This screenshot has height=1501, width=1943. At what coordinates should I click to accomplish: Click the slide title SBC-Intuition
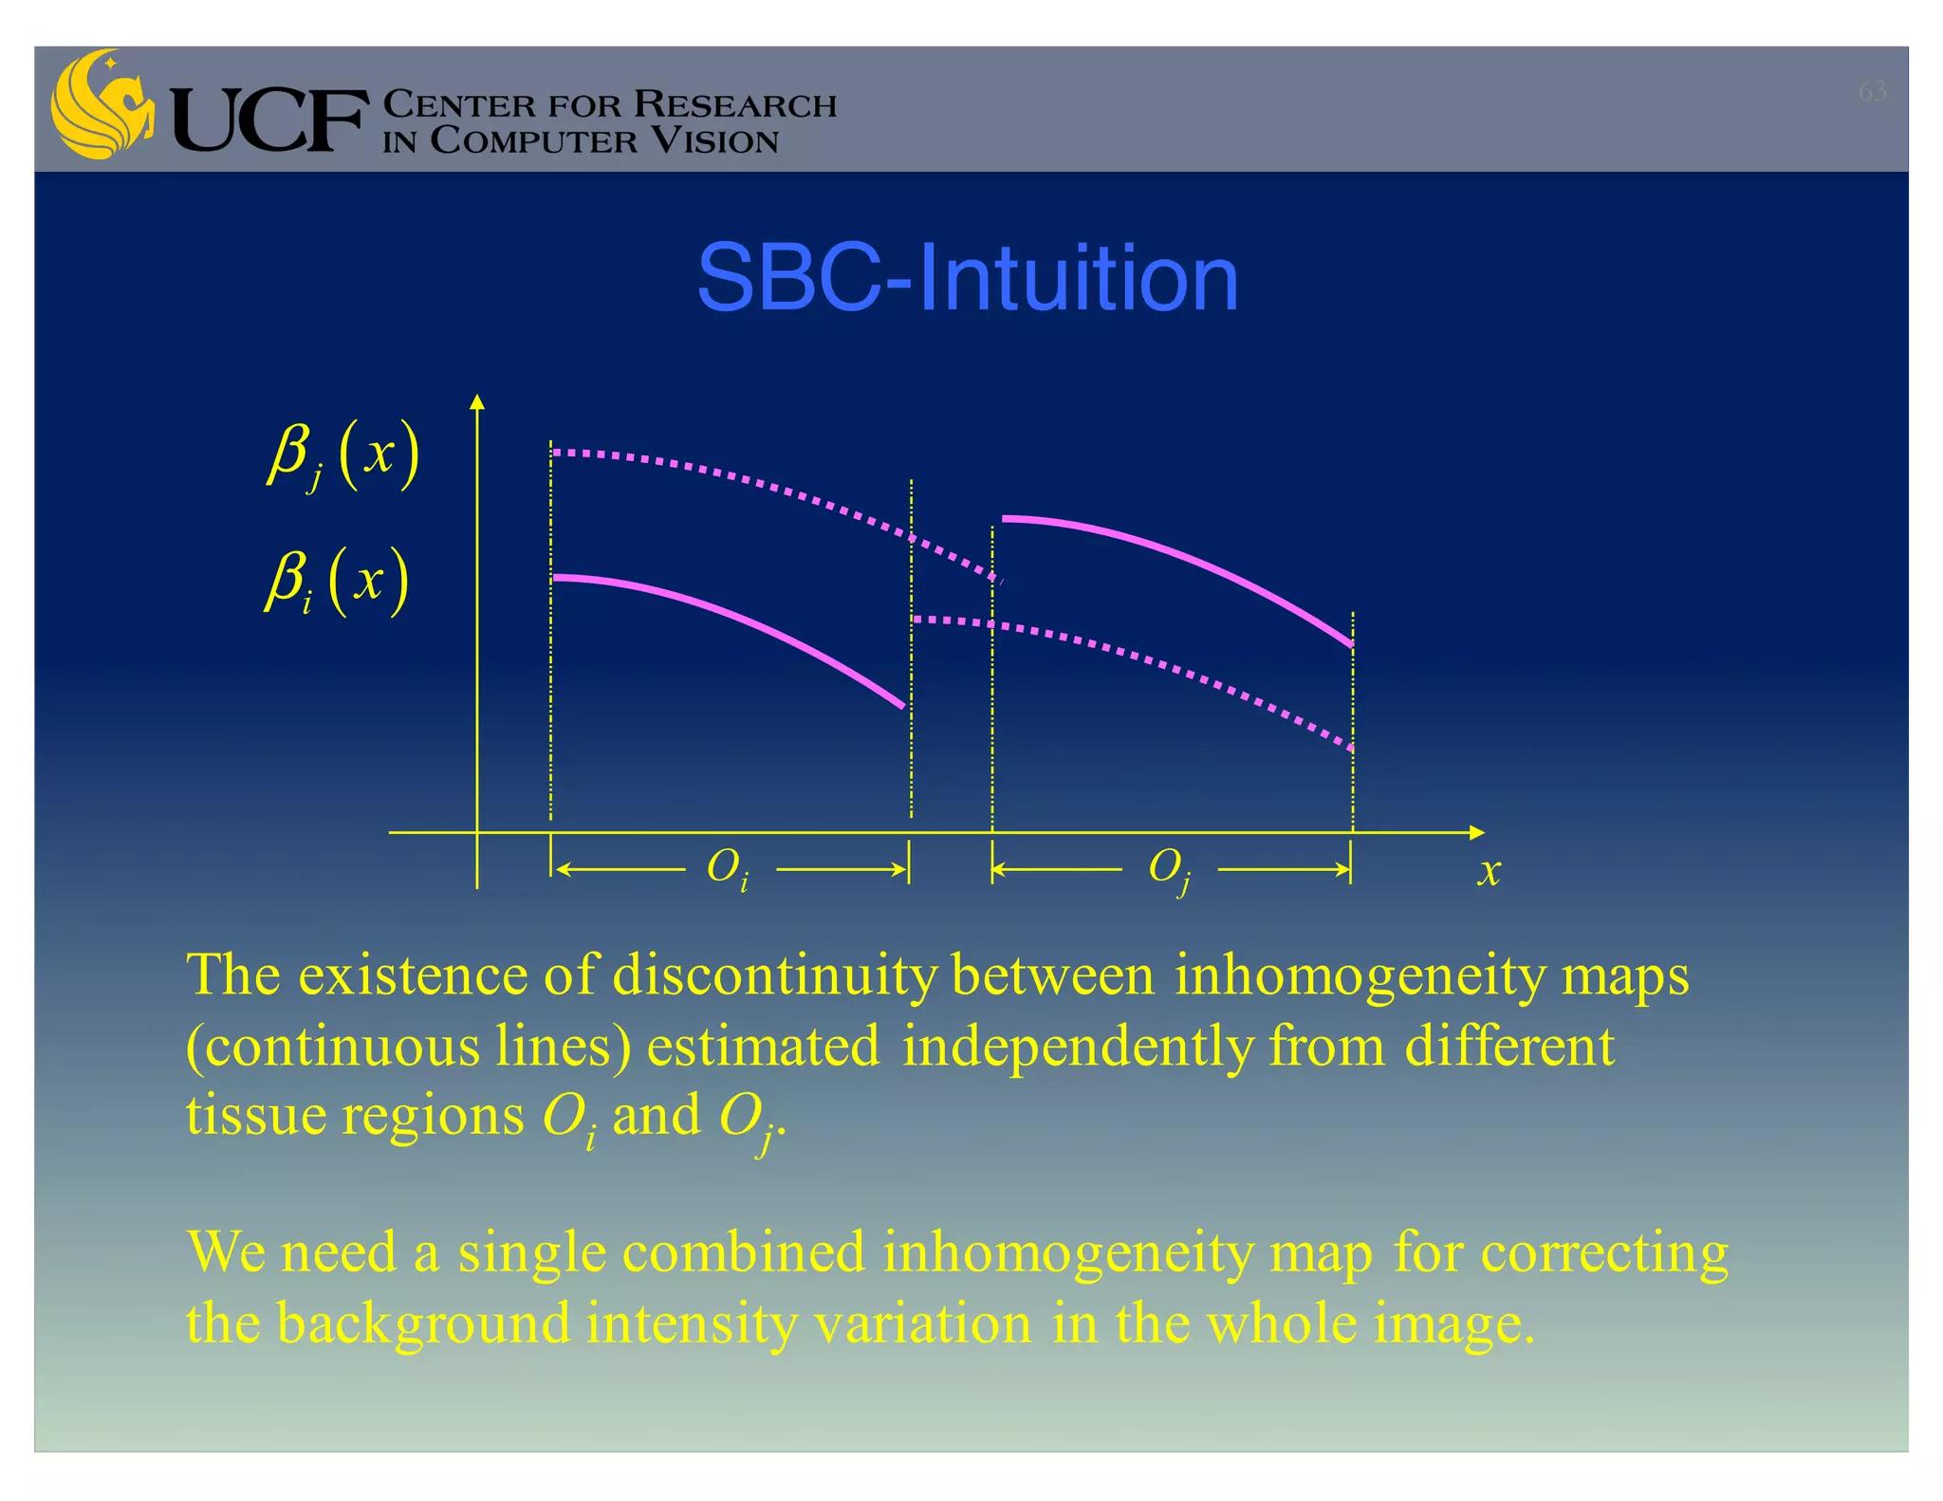pos(968,278)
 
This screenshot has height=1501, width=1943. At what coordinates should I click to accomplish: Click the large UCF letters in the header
pos(269,120)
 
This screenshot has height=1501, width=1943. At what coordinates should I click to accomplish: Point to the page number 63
pos(1872,91)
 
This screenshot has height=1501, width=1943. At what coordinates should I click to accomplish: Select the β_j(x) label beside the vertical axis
pos(342,455)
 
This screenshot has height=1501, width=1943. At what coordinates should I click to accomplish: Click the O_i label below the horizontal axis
pos(728,868)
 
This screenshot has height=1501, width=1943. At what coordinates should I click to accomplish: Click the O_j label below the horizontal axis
pos(1169,868)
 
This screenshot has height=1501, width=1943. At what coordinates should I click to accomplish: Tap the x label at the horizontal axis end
pos(1489,870)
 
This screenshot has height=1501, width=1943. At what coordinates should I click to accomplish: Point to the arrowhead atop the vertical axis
pos(477,402)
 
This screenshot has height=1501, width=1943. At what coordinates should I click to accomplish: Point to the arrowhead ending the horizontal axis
pos(1476,832)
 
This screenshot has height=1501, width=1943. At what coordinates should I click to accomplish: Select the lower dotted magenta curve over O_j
pos(1176,669)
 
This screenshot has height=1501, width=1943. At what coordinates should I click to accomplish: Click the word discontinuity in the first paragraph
pos(774,975)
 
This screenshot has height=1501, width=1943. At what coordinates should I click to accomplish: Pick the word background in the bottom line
pos(424,1325)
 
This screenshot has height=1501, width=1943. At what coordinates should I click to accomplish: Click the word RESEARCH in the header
pos(734,104)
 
